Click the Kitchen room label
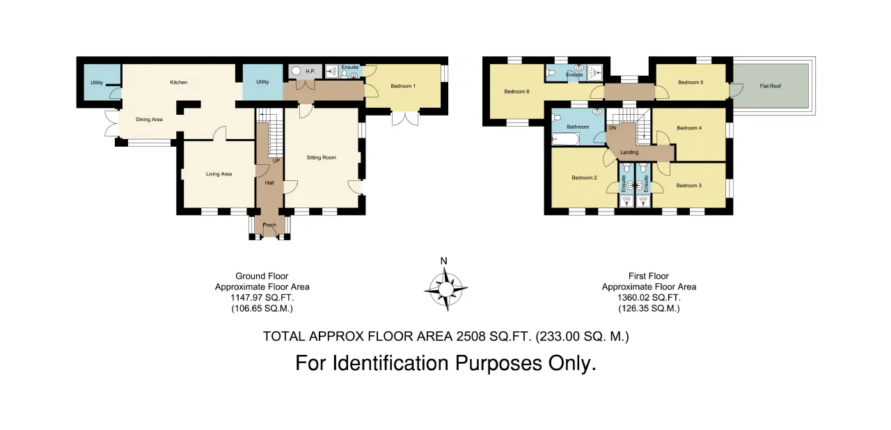179,82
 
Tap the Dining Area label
149,119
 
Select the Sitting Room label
322,157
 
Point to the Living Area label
219,174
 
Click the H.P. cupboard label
310,72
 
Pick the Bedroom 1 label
403,86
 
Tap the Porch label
269,225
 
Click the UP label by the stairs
276,161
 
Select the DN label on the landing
613,128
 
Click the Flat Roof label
771,86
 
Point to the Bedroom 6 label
517,91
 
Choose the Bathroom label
578,127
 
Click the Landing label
629,152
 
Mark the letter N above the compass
444,261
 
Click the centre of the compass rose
446,289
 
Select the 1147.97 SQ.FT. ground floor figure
262,298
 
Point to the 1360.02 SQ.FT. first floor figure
649,298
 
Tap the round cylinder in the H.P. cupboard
296,72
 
